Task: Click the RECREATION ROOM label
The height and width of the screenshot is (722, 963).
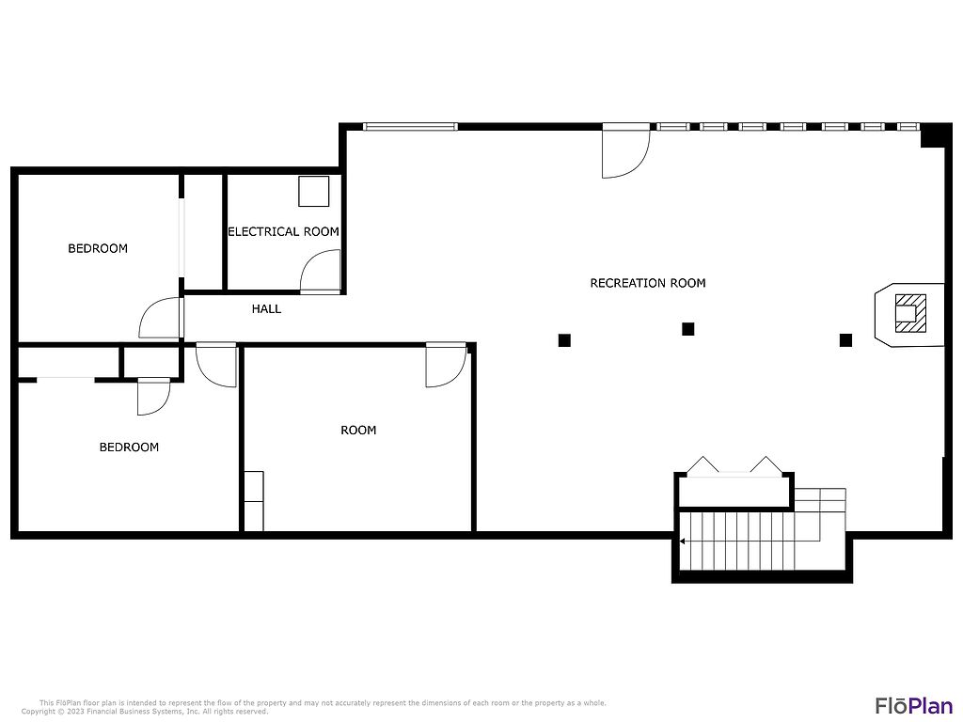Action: [648, 283]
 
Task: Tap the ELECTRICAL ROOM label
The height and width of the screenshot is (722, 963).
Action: [283, 231]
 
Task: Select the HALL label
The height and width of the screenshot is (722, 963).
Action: [266, 308]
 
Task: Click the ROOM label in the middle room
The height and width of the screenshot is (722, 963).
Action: [358, 431]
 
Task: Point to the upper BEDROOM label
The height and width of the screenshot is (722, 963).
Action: [98, 248]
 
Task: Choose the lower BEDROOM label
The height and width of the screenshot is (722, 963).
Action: [129, 447]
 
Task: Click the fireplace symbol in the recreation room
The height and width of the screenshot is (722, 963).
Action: [910, 314]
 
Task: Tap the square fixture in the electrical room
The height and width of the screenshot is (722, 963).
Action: [314, 192]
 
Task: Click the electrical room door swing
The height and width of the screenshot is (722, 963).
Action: [320, 271]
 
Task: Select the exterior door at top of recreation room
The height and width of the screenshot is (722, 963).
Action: [625, 151]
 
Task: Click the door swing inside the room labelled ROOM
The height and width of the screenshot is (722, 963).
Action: [446, 365]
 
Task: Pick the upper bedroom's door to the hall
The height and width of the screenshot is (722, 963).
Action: [161, 318]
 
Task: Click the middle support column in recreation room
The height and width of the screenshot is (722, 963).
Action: [687, 329]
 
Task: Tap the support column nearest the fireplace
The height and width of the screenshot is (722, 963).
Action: [845, 340]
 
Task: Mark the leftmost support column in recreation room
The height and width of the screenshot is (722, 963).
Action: [564, 340]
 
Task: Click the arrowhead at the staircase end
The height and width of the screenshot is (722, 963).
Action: [682, 541]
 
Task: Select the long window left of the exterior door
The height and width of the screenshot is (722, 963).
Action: [410, 127]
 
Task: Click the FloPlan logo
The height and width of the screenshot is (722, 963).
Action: [914, 706]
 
